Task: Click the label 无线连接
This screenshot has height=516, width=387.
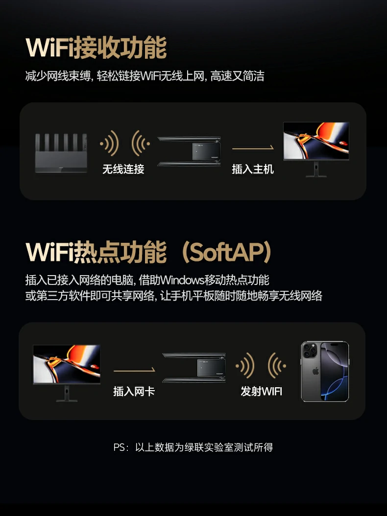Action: [x=123, y=169]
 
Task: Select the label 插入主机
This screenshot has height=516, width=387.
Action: [x=252, y=169]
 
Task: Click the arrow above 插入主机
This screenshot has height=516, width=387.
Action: [x=252, y=148]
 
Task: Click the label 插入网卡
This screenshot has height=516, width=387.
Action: [x=134, y=391]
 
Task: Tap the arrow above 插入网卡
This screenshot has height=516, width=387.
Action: [x=134, y=370]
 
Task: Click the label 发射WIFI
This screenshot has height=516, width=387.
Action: [x=261, y=391]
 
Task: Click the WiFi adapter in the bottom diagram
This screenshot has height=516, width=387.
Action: [x=194, y=367]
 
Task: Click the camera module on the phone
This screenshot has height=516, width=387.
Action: [x=310, y=351]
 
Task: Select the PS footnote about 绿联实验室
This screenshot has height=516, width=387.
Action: [x=193, y=447]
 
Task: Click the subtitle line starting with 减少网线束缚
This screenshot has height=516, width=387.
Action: [x=145, y=76]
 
